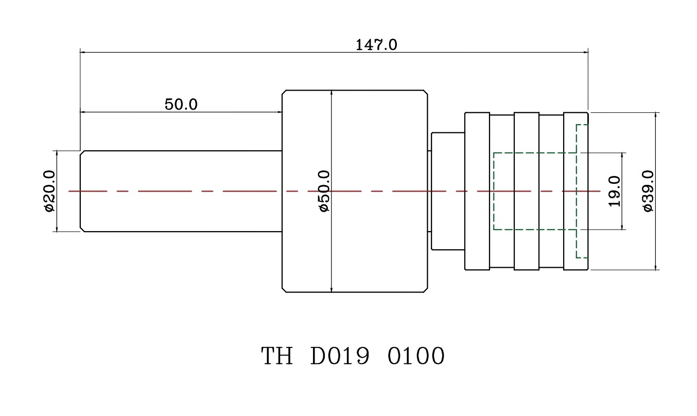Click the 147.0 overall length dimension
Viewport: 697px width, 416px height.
pyautogui.click(x=376, y=45)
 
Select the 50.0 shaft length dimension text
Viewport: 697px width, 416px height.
pyautogui.click(x=181, y=105)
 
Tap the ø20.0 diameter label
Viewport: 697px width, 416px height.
pyautogui.click(x=49, y=191)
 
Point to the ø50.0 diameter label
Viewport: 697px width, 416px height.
pyautogui.click(x=324, y=191)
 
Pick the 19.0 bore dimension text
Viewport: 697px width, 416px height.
pyautogui.click(x=614, y=191)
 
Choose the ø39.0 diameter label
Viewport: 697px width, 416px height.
pyautogui.click(x=648, y=191)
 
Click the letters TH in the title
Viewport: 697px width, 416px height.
pyautogui.click(x=277, y=356)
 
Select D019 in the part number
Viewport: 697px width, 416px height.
pyautogui.click(x=340, y=356)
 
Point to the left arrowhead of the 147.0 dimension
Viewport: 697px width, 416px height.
pyautogui.click(x=82, y=51)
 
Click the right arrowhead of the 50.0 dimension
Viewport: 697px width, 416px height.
pyautogui.click(x=280, y=111)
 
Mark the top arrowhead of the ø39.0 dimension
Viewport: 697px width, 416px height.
pyautogui.click(x=655, y=114)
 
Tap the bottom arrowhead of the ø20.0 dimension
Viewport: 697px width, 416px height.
pyautogui.click(x=57, y=229)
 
